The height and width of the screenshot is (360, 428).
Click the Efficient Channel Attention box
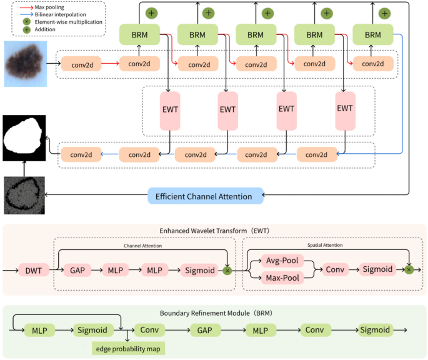[x=206, y=196]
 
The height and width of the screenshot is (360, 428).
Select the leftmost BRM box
[x=139, y=35]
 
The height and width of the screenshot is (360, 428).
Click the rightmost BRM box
[x=372, y=35]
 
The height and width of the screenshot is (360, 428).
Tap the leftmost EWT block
[x=169, y=109]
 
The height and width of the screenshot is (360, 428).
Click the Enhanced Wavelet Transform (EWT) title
[x=214, y=231]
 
